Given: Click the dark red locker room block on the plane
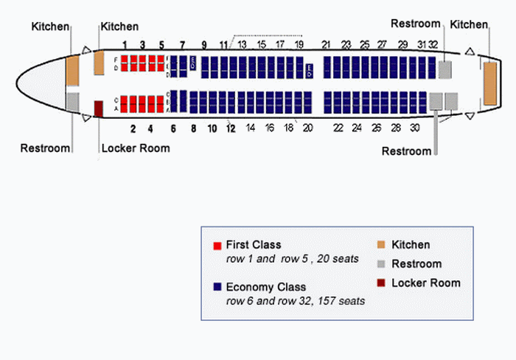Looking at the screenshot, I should tap(99, 109).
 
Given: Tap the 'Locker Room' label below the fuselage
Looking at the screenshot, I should tap(135, 148).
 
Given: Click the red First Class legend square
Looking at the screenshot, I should tap(217, 245).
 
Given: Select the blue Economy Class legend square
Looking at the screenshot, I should tap(217, 287).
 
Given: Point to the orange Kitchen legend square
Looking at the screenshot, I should tap(381, 245).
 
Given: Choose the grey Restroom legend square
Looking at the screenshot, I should tap(381, 264).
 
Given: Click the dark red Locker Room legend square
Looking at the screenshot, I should tap(381, 283).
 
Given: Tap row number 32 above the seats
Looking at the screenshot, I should tap(434, 45).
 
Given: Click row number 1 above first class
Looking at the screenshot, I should tap(125, 45).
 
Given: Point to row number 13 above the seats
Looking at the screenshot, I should tap(242, 45).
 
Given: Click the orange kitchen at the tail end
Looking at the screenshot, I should tap(490, 83).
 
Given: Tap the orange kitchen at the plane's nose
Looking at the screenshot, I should tap(72, 70).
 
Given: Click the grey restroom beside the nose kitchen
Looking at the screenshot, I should tap(72, 101).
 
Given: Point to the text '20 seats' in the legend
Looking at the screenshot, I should tap(336, 259).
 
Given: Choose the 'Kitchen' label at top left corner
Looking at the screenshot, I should tap(51, 27).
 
